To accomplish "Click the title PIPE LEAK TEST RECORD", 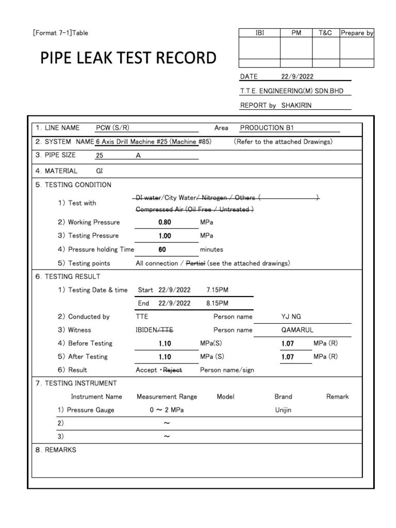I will pyautogui.click(x=128, y=58).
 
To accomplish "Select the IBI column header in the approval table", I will pyautogui.click(x=259, y=32).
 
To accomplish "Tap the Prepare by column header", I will pyautogui.click(x=357, y=32).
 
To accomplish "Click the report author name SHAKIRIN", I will pyautogui.click(x=296, y=105).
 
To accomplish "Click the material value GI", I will pyautogui.click(x=100, y=171).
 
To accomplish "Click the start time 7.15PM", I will pyautogui.click(x=217, y=290).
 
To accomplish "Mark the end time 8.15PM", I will pyautogui.click(x=217, y=303).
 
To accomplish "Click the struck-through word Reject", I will pyautogui.click(x=173, y=370).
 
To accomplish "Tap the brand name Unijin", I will pyautogui.click(x=283, y=410).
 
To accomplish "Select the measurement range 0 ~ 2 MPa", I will pyautogui.click(x=167, y=410).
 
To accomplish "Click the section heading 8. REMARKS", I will pyautogui.click(x=56, y=450).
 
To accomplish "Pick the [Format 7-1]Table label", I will pyautogui.click(x=60, y=33).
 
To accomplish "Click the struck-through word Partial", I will pyautogui.click(x=196, y=263).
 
